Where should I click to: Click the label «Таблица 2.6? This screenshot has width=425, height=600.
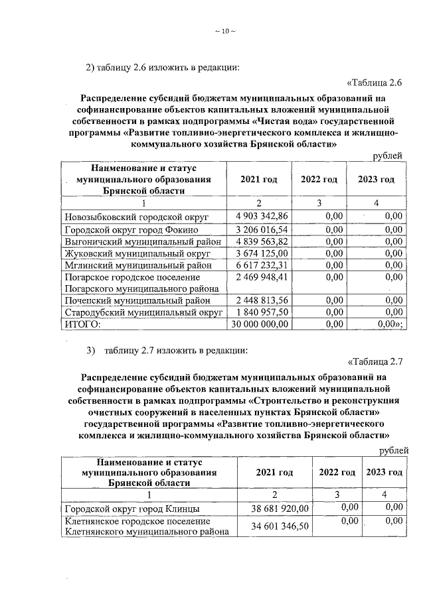376,82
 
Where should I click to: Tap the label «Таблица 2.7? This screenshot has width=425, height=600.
376,361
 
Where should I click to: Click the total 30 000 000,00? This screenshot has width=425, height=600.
259,324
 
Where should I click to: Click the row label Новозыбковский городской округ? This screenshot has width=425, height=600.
137,217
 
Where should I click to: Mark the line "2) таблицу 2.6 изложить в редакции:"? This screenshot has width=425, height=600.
162,66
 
